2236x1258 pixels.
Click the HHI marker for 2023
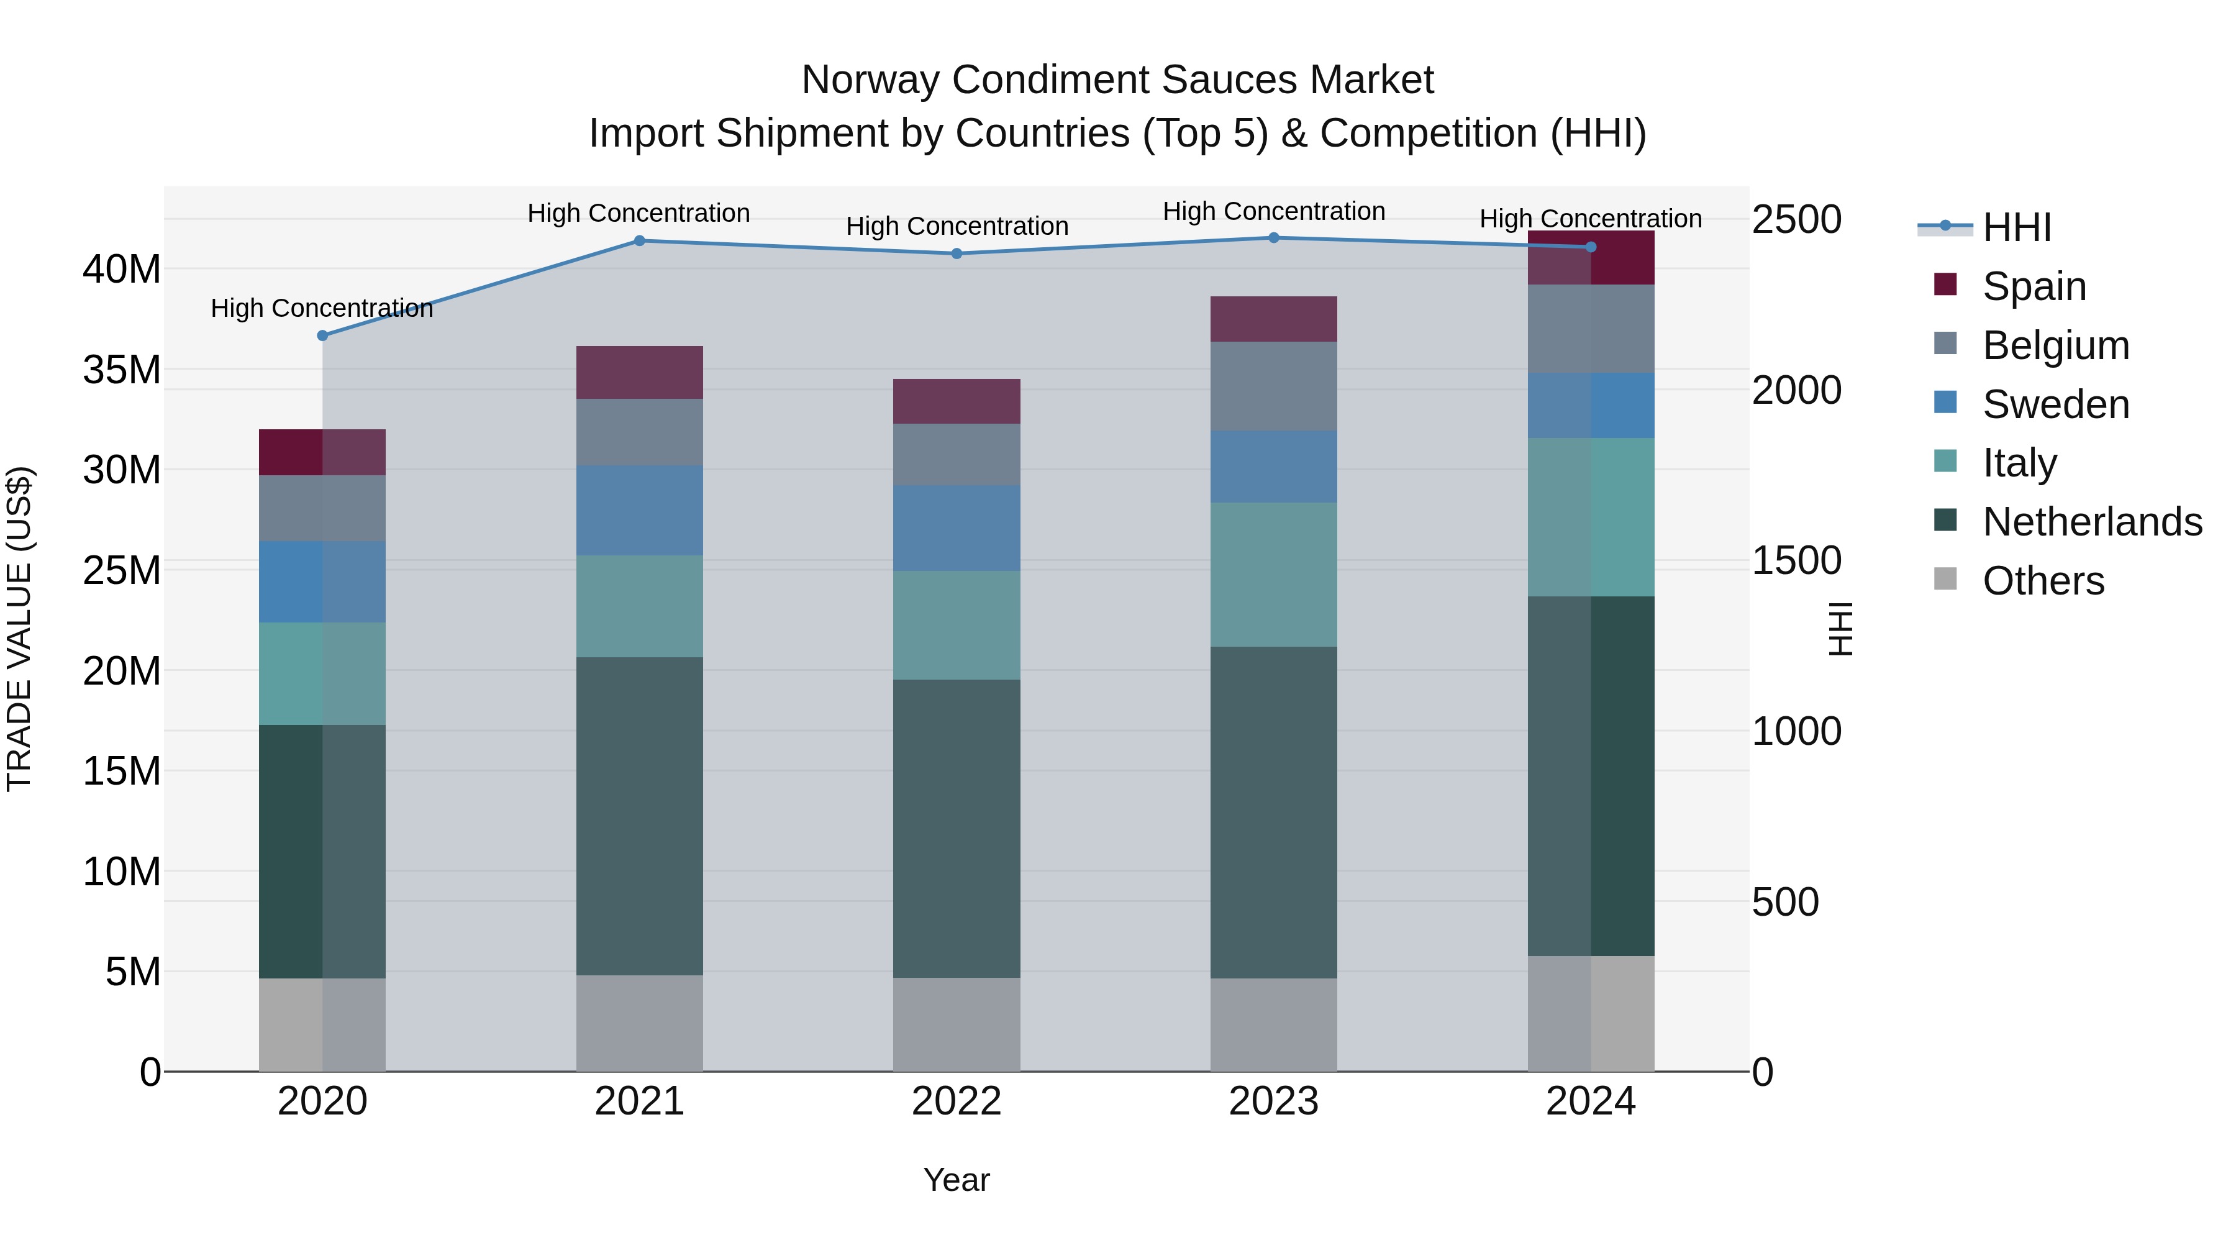tap(1273, 238)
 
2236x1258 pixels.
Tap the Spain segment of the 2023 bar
tap(1273, 319)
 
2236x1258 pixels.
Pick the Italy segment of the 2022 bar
tap(957, 625)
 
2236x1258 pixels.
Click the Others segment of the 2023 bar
tap(1273, 1024)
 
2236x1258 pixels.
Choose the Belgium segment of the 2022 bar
tap(957, 454)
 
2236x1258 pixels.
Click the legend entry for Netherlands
tap(2092, 522)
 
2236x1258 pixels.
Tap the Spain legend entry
tap(2034, 286)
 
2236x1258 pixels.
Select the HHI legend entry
tap(2016, 227)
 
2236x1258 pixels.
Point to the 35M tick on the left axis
tap(122, 370)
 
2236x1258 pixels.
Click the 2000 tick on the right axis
tap(1796, 390)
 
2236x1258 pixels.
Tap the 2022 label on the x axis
tap(957, 1101)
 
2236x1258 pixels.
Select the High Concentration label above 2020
tap(321, 308)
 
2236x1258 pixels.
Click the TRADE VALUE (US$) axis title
tap(19, 629)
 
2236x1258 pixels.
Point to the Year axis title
tap(957, 1180)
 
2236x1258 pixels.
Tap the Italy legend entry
tap(2019, 463)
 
